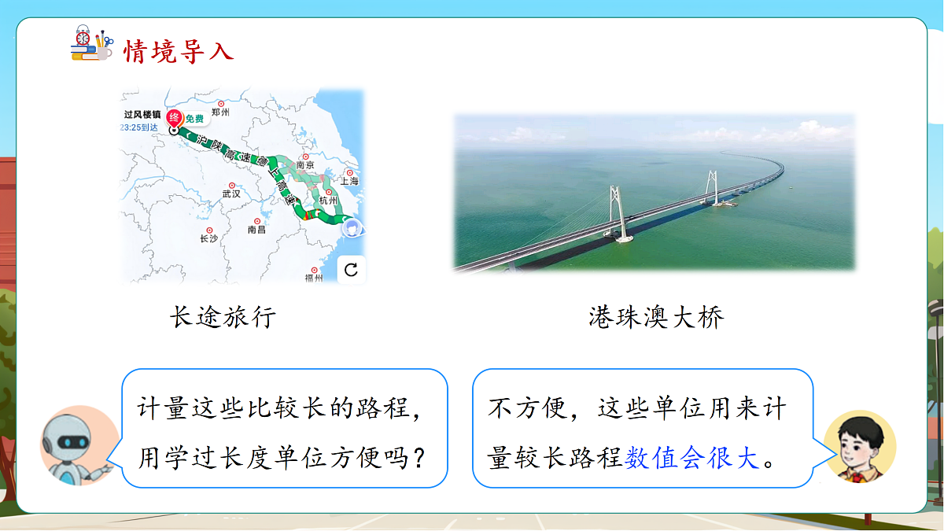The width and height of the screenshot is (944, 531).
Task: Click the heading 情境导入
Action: (179, 51)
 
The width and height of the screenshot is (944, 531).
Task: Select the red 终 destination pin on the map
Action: (175, 119)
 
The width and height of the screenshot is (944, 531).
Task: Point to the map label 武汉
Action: (231, 193)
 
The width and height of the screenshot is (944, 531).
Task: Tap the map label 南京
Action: (304, 166)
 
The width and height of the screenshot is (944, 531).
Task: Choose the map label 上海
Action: (348, 180)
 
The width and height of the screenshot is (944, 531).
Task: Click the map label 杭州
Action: (327, 201)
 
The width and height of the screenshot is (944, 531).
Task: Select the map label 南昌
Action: (256, 229)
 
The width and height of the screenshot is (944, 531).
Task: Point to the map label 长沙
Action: (208, 238)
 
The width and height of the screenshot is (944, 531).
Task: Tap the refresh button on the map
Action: (351, 270)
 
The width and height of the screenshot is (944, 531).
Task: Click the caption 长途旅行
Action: (223, 317)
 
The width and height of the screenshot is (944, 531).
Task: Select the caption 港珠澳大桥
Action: (656, 317)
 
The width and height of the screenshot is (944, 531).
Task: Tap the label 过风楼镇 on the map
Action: (142, 114)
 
